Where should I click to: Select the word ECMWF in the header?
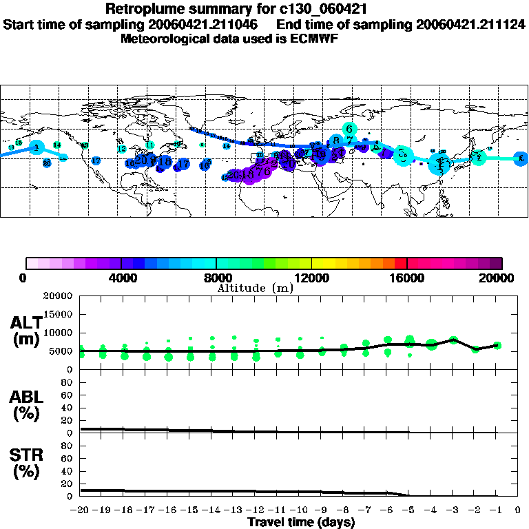pyautogui.click(x=316, y=38)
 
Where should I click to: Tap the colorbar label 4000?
pyautogui.click(x=121, y=278)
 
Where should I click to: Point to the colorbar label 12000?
pyautogui.click(x=311, y=278)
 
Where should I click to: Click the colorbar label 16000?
pyautogui.click(x=407, y=278)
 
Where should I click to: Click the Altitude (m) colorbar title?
pyautogui.click(x=255, y=288)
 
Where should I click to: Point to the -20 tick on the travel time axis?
pyautogui.click(x=81, y=510)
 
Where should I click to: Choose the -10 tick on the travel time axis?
pyautogui.click(x=300, y=510)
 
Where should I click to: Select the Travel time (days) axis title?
pyautogui.click(x=301, y=523)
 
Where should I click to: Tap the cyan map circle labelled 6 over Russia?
pyautogui.click(x=349, y=129)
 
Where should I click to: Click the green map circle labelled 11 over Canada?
pyautogui.click(x=150, y=145)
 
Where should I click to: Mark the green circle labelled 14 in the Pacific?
pyautogui.click(x=57, y=145)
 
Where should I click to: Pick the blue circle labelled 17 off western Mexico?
pyautogui.click(x=96, y=160)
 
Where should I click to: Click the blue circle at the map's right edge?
pyautogui.click(x=521, y=158)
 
